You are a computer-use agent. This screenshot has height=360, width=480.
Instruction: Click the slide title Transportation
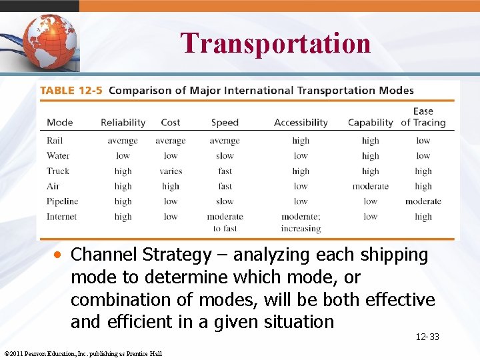[x=275, y=43]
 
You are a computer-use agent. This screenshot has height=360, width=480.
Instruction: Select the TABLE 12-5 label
[x=71, y=91]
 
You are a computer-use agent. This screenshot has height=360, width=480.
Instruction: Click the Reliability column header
[x=123, y=123]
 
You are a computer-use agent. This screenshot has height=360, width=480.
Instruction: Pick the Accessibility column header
[x=301, y=123]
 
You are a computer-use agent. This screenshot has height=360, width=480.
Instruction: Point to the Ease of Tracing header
[x=423, y=117]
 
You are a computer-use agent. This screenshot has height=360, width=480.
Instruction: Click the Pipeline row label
[x=62, y=201]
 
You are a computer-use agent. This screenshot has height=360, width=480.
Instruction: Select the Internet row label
[x=61, y=217]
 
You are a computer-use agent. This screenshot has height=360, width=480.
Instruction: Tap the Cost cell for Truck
[x=171, y=171]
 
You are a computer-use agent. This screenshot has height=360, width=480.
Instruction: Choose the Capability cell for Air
[x=370, y=187]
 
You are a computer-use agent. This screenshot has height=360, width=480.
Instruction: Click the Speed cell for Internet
[x=225, y=223]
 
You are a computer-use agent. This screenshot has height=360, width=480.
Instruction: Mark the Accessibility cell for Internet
[x=301, y=223]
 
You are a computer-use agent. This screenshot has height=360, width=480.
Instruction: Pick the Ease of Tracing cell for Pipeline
[x=423, y=201]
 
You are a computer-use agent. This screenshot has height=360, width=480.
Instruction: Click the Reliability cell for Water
[x=123, y=156]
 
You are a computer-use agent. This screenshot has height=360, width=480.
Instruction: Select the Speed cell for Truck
[x=225, y=171]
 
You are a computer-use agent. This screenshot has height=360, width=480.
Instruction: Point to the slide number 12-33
[x=427, y=337]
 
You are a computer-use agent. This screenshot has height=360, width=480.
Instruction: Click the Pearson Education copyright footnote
[x=83, y=353]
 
